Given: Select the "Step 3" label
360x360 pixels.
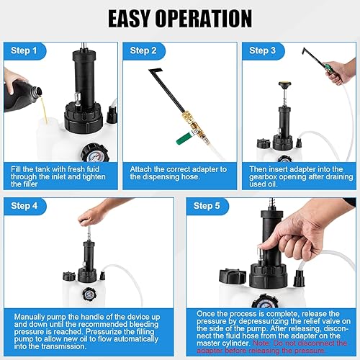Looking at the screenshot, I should (x=262, y=50).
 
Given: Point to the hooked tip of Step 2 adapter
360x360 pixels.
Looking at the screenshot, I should (x=153, y=71).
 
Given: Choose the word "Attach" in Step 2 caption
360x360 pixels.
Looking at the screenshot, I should (x=140, y=169).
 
